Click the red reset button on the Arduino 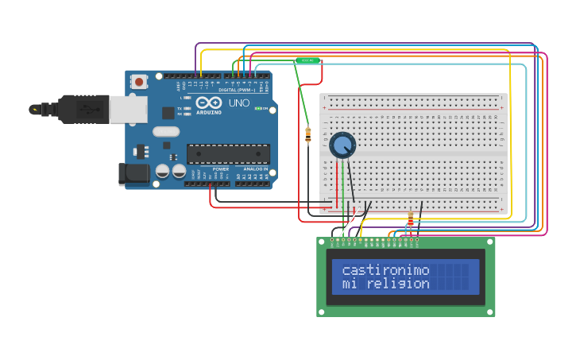(x=139, y=81)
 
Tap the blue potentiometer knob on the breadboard (x=342, y=145)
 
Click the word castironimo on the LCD (x=385, y=270)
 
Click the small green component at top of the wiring (x=307, y=60)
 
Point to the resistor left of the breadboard (x=308, y=136)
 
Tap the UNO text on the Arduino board (x=239, y=103)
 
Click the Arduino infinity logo (x=208, y=103)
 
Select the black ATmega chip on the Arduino (x=228, y=154)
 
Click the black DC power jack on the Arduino (x=133, y=174)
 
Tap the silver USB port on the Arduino (x=127, y=110)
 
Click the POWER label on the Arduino (x=220, y=169)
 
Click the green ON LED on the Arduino (x=257, y=108)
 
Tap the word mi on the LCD (x=350, y=284)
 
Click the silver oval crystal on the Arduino (x=166, y=132)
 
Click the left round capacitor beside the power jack (x=162, y=171)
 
